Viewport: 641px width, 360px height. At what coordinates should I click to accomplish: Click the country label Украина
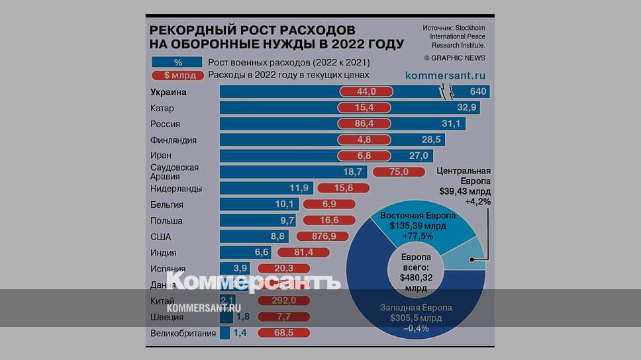(x=168, y=92)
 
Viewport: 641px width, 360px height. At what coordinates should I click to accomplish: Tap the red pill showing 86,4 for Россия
(x=366, y=124)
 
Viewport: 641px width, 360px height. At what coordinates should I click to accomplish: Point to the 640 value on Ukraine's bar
(x=478, y=92)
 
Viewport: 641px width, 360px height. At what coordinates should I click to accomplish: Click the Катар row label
(x=162, y=108)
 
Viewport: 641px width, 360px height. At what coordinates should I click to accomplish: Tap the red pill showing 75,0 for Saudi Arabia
(x=399, y=172)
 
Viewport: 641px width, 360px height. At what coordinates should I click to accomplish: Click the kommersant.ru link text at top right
(x=446, y=75)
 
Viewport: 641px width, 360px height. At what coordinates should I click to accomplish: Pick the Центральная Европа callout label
(x=464, y=186)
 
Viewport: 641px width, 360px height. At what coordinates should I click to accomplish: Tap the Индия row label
(x=164, y=252)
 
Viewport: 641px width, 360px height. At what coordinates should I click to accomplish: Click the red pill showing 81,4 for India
(x=304, y=252)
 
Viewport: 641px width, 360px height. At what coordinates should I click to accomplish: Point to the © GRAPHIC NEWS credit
(x=454, y=58)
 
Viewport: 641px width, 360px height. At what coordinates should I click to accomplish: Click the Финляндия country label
(x=173, y=140)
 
